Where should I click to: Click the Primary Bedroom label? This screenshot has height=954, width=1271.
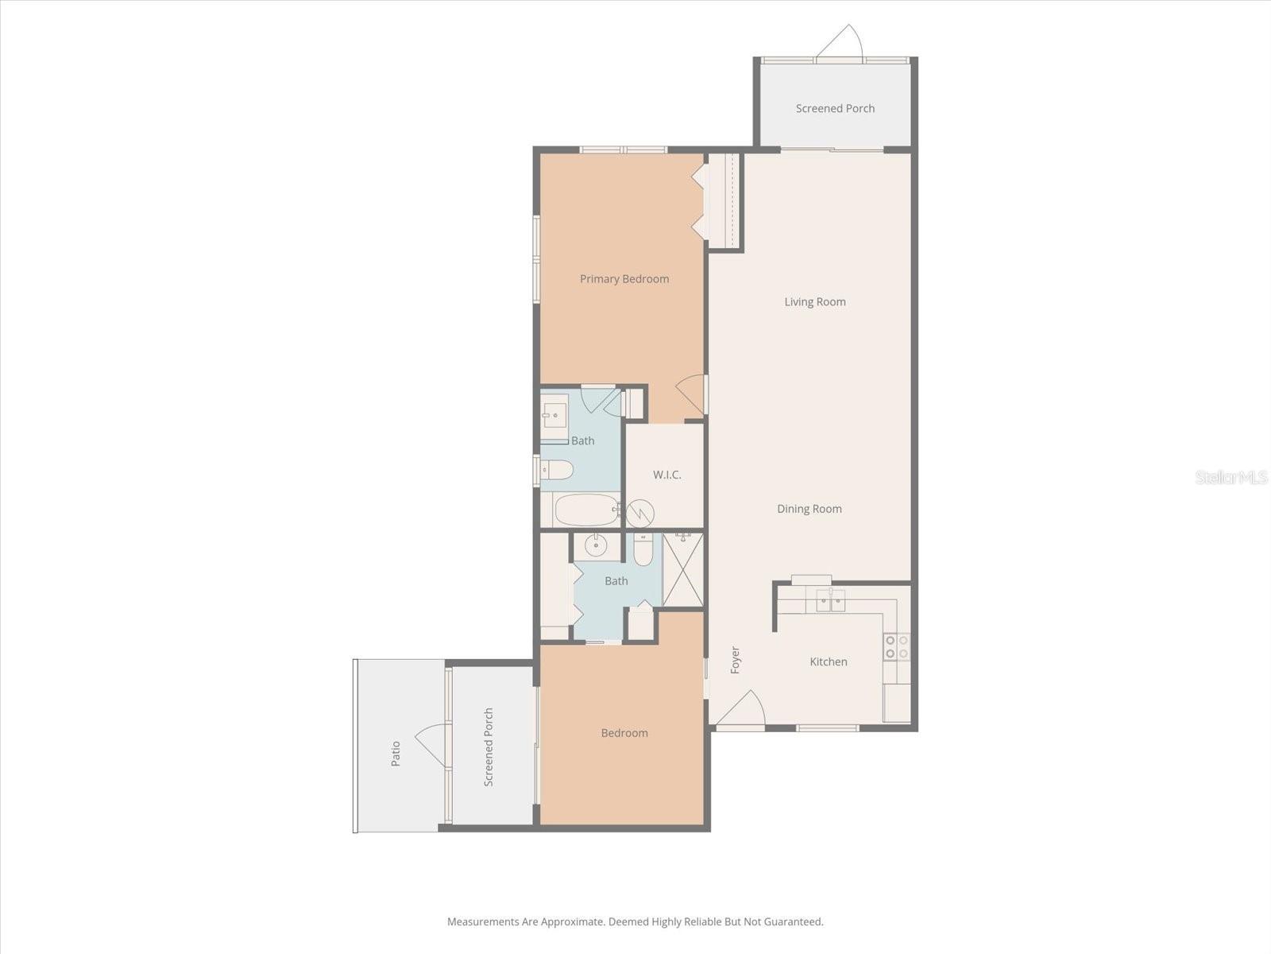(x=624, y=279)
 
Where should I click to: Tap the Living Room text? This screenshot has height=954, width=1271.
(x=814, y=302)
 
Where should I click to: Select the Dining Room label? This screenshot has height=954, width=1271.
(x=809, y=509)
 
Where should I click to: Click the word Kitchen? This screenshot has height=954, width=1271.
(x=828, y=661)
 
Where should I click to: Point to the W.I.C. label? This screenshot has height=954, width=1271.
(x=666, y=475)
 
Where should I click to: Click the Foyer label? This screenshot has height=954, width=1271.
(x=735, y=660)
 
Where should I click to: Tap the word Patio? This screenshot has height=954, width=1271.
(x=396, y=753)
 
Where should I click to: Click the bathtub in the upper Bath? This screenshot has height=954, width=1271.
(x=586, y=510)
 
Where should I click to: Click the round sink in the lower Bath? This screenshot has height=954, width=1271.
(x=595, y=546)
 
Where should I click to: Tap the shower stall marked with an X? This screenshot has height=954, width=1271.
(x=682, y=570)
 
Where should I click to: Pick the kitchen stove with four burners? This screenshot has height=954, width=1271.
(x=896, y=647)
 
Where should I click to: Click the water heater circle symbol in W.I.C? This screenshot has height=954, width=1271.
(x=640, y=514)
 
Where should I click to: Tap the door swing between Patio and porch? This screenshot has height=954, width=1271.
(x=431, y=745)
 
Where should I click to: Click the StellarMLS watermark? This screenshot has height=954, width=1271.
(x=1230, y=478)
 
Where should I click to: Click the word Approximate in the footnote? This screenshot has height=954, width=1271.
(x=571, y=922)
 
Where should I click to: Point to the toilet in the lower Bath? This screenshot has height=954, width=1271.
(x=643, y=549)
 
